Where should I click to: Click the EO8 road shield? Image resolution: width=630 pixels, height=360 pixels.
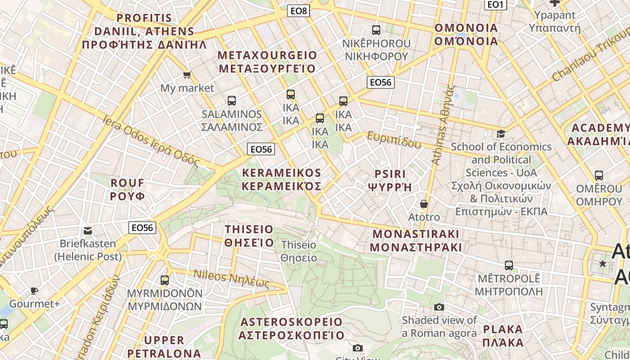click(x=298, y=11)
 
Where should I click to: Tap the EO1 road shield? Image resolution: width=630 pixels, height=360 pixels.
click(x=495, y=4)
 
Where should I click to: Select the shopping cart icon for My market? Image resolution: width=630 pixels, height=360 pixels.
click(x=187, y=75)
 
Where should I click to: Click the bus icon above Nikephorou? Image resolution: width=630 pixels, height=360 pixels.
click(x=376, y=30)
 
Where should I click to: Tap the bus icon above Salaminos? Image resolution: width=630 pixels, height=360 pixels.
click(x=232, y=101)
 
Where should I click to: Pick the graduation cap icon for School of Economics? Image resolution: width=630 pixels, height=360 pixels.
click(x=501, y=134)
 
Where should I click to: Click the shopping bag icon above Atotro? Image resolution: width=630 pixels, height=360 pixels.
click(x=423, y=204)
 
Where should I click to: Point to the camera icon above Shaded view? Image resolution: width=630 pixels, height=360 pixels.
click(x=439, y=307)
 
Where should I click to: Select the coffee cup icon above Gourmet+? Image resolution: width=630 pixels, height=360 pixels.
click(x=34, y=291)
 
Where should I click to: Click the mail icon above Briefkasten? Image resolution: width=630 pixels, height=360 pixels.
click(x=88, y=231)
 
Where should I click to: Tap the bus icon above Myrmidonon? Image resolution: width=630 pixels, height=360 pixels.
click(x=165, y=280)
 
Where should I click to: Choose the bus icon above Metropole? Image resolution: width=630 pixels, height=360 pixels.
click(x=508, y=265)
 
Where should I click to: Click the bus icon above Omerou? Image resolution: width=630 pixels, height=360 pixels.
click(x=598, y=175)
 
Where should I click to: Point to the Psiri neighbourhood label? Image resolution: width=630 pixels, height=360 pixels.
click(x=390, y=180)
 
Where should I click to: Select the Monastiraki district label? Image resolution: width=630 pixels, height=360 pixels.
click(x=416, y=241)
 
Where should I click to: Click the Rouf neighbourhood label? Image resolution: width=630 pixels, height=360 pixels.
click(x=128, y=189)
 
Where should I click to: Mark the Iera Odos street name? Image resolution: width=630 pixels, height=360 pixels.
click(x=151, y=140)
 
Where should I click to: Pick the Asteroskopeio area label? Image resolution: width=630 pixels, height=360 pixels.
click(x=291, y=329)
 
